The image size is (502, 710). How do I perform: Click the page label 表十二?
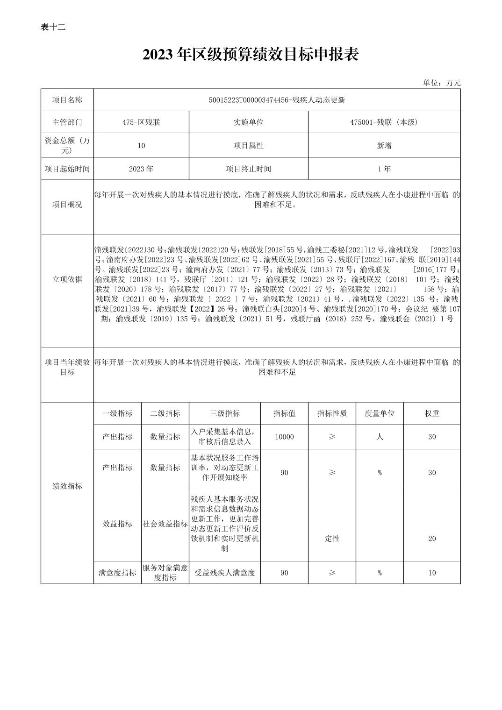[x=53, y=27]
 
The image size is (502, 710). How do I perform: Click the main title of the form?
[x=251, y=55]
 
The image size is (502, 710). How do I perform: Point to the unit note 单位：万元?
[x=441, y=83]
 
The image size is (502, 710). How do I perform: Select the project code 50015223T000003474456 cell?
[x=277, y=100]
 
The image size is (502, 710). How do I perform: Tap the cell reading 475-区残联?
[x=141, y=122]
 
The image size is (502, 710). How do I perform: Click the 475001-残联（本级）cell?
[x=384, y=122]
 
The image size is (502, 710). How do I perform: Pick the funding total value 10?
[x=141, y=145]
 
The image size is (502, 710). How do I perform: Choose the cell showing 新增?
[x=384, y=145]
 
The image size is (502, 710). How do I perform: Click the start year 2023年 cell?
[x=141, y=169]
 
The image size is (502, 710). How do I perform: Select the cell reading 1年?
[x=384, y=169]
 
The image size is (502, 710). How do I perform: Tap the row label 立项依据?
[x=67, y=279]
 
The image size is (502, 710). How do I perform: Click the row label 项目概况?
[x=67, y=205]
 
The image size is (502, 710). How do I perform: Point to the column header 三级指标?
[x=224, y=413]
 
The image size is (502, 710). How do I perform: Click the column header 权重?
[x=432, y=413]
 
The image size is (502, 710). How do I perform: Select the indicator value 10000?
[x=284, y=437]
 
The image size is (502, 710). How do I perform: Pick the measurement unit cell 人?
[x=380, y=437]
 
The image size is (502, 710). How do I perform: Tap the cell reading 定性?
[x=332, y=539]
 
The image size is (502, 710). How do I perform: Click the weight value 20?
[x=432, y=539]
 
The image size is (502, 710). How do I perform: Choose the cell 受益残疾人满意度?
[x=224, y=573]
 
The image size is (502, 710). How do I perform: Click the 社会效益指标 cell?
[x=165, y=524]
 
